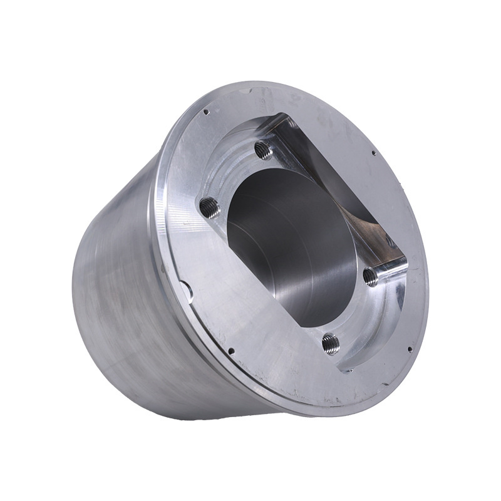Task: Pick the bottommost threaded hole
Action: click(x=330, y=342)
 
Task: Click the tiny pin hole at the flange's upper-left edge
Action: click(x=206, y=113)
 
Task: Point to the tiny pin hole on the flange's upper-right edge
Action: click(x=373, y=152)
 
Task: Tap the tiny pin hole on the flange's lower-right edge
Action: click(x=408, y=348)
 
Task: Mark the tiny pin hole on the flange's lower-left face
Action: click(x=231, y=351)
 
